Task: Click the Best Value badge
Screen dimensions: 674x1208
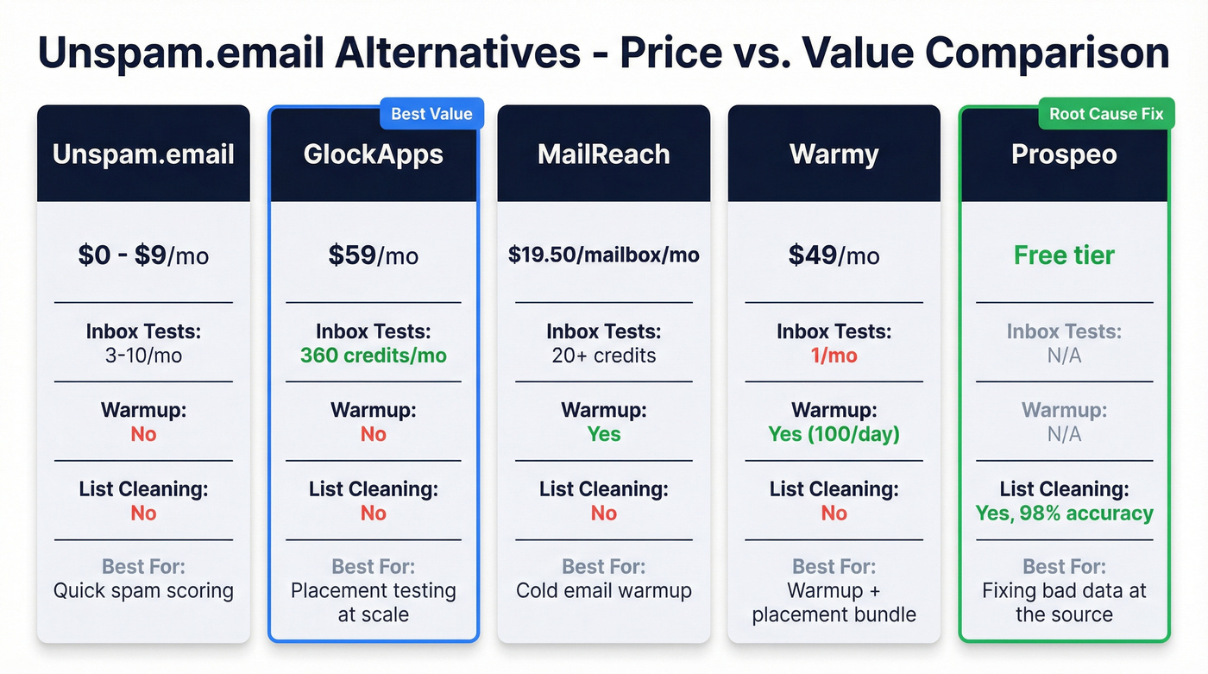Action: [431, 114]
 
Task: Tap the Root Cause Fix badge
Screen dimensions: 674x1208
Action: [1106, 114]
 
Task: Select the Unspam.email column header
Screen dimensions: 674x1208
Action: [143, 154]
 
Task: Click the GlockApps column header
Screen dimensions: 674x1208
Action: [374, 154]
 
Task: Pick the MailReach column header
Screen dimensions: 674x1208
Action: [604, 154]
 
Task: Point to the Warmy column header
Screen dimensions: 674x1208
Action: [834, 154]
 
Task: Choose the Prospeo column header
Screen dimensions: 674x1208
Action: [1064, 154]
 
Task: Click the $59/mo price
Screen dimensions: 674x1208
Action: [374, 255]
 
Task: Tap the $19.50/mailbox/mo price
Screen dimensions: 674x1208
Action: [604, 255]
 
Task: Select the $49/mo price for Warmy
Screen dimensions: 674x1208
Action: [834, 255]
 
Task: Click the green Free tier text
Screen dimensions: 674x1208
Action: [1064, 255]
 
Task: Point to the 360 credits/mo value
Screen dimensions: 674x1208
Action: [374, 356]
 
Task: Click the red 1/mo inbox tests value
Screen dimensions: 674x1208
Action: [834, 356]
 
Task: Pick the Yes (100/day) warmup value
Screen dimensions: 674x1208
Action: [834, 434]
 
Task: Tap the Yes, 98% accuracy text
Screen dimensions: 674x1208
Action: [1064, 513]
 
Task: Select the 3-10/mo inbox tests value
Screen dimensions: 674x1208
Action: [143, 356]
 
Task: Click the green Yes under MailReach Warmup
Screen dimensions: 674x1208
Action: [604, 434]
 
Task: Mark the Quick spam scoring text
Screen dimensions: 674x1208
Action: [143, 591]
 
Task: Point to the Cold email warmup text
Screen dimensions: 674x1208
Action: [604, 591]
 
